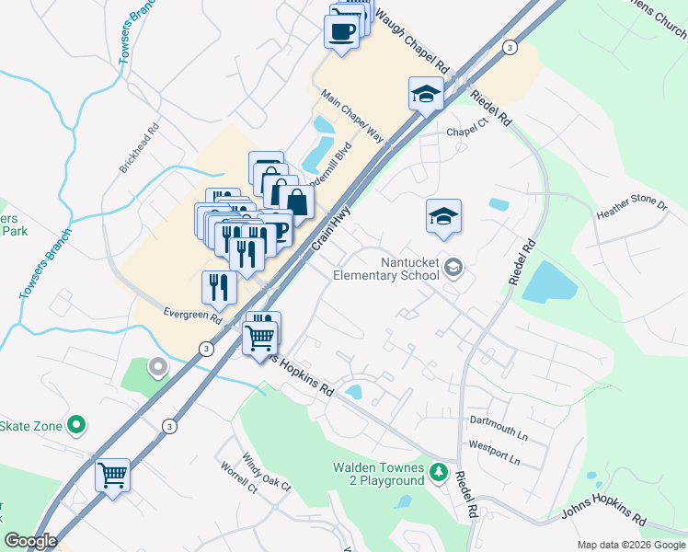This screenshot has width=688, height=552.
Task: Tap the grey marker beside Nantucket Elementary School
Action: click(453, 267)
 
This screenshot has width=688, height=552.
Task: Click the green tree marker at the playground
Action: click(439, 474)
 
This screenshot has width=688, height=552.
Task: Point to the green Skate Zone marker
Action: click(77, 426)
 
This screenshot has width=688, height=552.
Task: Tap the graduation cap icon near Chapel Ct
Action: click(427, 94)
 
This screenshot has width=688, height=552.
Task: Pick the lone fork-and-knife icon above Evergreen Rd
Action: click(219, 287)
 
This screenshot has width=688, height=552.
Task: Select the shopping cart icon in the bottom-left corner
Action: click(113, 476)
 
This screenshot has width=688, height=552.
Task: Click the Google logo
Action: click(31, 541)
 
